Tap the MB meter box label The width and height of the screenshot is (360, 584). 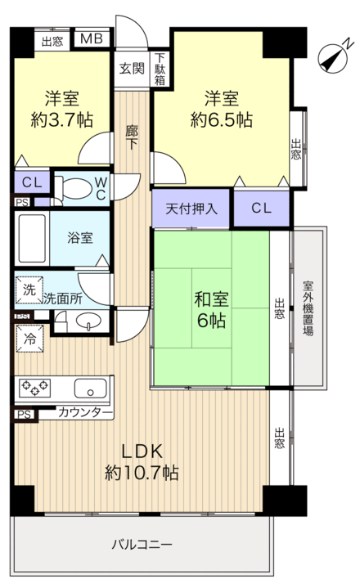click(x=91, y=38)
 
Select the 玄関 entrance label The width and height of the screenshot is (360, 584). click(x=130, y=69)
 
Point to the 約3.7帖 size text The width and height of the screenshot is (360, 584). click(x=61, y=119)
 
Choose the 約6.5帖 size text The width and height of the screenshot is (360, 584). click(x=221, y=119)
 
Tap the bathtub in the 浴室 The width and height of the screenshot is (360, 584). click(x=32, y=238)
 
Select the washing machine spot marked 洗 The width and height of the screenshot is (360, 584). click(x=29, y=289)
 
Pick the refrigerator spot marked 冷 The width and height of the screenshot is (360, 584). click(x=29, y=336)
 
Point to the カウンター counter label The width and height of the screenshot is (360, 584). click(x=85, y=414)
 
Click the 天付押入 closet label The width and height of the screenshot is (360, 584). click(x=191, y=209)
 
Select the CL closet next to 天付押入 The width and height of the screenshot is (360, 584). click(x=261, y=208)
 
